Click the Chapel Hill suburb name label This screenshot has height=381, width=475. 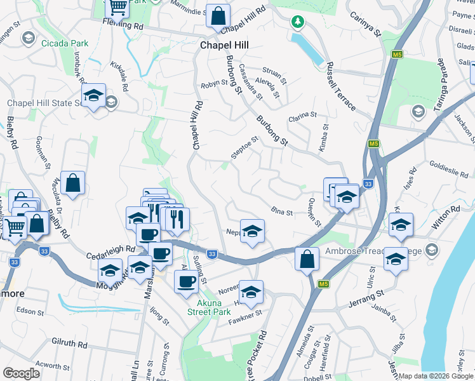coord(224,46)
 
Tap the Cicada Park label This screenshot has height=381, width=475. coord(65,44)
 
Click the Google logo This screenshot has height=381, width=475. coord(22,373)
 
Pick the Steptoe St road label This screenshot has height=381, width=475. coord(245,149)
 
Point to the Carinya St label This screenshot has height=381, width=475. coord(365,23)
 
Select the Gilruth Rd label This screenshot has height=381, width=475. coord(69,344)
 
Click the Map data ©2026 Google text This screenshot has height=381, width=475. coord(435,376)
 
